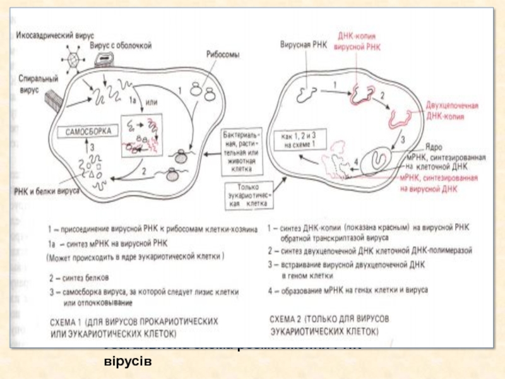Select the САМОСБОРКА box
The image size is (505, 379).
click(88, 132)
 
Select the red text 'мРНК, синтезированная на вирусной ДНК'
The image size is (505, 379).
click(434, 183)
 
